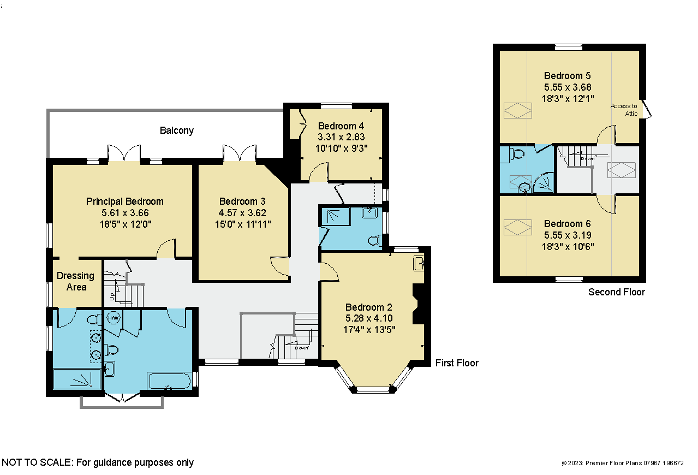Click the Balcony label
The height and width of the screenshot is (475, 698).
[177, 130]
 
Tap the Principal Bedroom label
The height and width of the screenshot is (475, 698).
[124, 201]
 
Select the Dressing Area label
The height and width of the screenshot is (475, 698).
[76, 281]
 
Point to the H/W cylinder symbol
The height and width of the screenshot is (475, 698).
[113, 318]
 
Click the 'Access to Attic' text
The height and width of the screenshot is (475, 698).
[624, 110]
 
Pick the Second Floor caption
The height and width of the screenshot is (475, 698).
[616, 292]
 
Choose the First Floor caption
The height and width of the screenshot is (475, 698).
[457, 363]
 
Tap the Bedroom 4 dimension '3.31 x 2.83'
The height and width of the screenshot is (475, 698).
[341, 137]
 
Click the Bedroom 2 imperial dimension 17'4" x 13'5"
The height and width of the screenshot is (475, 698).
[369, 329]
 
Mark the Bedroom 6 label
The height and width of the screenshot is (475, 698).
[568, 223]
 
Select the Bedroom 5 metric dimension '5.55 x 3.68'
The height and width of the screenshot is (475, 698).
[568, 87]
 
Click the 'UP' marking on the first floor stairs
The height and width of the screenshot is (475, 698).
[112, 296]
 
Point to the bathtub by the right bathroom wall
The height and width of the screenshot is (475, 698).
[170, 381]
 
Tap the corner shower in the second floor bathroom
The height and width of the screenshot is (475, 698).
[544, 183]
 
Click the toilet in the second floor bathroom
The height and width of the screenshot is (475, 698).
[516, 154]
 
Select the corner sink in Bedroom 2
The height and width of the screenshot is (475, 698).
[419, 264]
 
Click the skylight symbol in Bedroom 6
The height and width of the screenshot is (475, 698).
[517, 227]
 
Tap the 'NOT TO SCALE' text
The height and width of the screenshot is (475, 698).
[37, 462]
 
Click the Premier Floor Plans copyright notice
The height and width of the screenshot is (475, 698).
[623, 463]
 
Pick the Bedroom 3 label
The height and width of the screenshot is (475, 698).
[242, 201]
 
